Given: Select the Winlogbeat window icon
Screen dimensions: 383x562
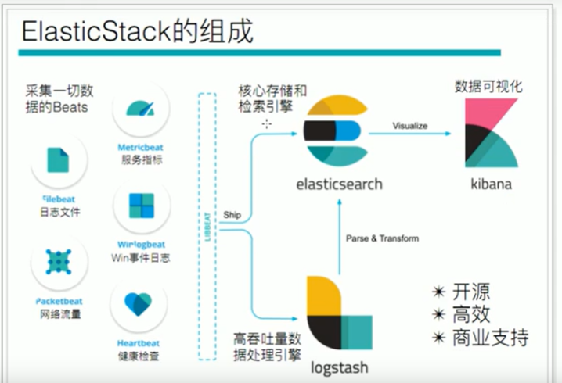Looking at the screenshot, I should [142, 206].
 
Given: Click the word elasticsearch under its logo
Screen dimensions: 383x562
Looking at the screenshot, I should [340, 184].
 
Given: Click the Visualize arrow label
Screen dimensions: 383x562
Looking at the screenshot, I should [409, 125].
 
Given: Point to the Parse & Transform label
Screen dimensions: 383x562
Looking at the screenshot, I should [382, 238].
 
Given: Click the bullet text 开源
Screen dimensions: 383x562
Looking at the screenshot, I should [473, 292].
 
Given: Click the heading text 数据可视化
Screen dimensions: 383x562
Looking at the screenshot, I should [489, 86].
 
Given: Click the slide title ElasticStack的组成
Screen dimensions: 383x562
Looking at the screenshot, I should [137, 31].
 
